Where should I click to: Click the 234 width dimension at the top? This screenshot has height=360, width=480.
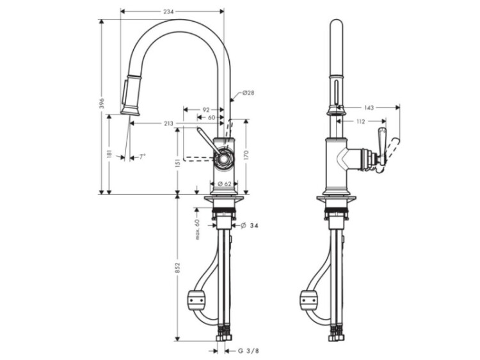click(x=169, y=12)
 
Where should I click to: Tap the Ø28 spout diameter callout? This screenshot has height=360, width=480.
click(x=248, y=92)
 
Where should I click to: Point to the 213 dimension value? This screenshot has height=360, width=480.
click(x=168, y=123)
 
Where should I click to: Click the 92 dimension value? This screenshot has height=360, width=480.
click(x=206, y=109)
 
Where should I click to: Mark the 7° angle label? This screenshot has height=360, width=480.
click(x=142, y=157)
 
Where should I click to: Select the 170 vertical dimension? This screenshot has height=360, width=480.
click(x=247, y=155)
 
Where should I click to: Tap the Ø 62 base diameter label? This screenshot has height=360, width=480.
click(x=225, y=184)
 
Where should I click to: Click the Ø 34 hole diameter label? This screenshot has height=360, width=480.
click(x=250, y=226)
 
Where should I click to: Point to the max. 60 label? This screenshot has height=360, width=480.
click(x=197, y=230)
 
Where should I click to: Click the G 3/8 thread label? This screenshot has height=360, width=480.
click(x=248, y=351)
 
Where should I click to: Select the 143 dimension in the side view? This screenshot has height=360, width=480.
click(x=369, y=107)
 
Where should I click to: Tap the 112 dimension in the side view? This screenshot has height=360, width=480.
click(x=361, y=121)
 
